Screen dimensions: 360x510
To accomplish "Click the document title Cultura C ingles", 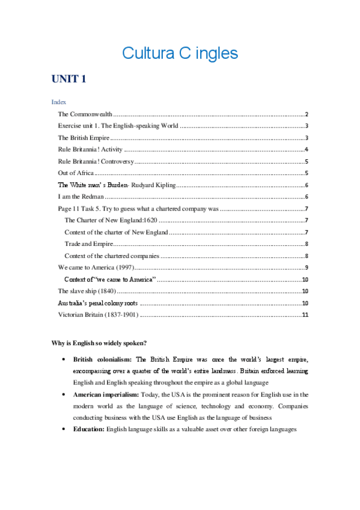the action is [x=180, y=53].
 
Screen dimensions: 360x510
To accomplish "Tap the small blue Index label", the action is [x=58, y=103].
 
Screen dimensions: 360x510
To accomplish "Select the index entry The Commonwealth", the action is [x=85, y=114].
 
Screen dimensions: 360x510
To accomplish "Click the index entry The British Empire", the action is [x=84, y=138].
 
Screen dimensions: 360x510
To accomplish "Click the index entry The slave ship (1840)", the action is [x=87, y=291].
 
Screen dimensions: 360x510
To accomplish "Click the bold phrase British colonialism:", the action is [x=103, y=359].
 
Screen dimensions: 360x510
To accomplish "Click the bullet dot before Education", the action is [x=64, y=429].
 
